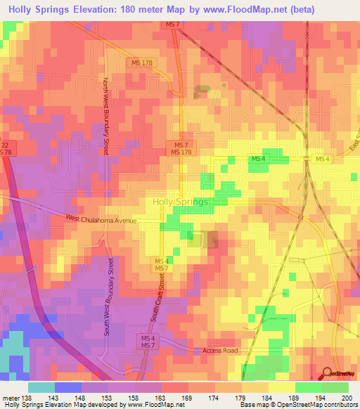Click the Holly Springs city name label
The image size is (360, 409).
[x=181, y=202]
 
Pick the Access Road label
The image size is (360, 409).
[x=220, y=350]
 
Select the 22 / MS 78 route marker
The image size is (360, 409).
[x=6, y=148]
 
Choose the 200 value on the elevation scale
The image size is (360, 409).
[x=345, y=398]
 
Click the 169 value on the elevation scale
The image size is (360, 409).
[x=167, y=398]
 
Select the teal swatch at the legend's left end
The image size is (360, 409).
[x=41, y=387]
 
